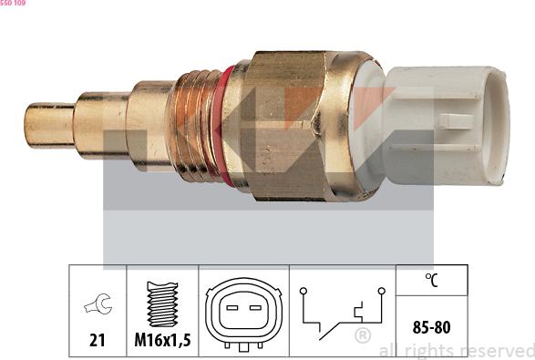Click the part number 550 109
point(13,4)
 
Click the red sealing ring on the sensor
point(218,120)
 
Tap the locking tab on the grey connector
point(453,120)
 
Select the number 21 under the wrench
point(98,340)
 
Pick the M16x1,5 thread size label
point(161,340)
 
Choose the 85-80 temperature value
point(430,325)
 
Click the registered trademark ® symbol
point(362,336)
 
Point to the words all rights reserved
point(456,350)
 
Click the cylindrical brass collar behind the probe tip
point(102,123)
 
